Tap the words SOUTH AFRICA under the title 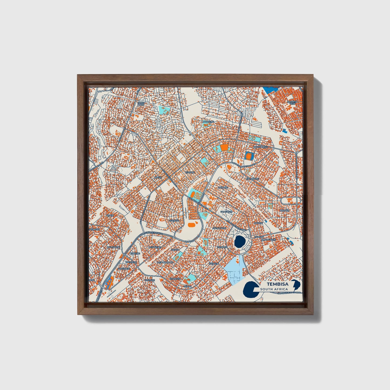point(274,289)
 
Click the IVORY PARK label point(141,104)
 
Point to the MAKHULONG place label point(261,147)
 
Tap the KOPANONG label point(252,179)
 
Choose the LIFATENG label point(174,221)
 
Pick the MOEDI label point(110,216)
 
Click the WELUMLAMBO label point(165,262)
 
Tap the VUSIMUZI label point(149,280)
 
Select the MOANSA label point(284,210)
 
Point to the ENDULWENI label point(219,228)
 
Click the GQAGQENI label point(226,212)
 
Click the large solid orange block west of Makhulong point(224,147)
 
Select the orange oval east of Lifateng point(191,224)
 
